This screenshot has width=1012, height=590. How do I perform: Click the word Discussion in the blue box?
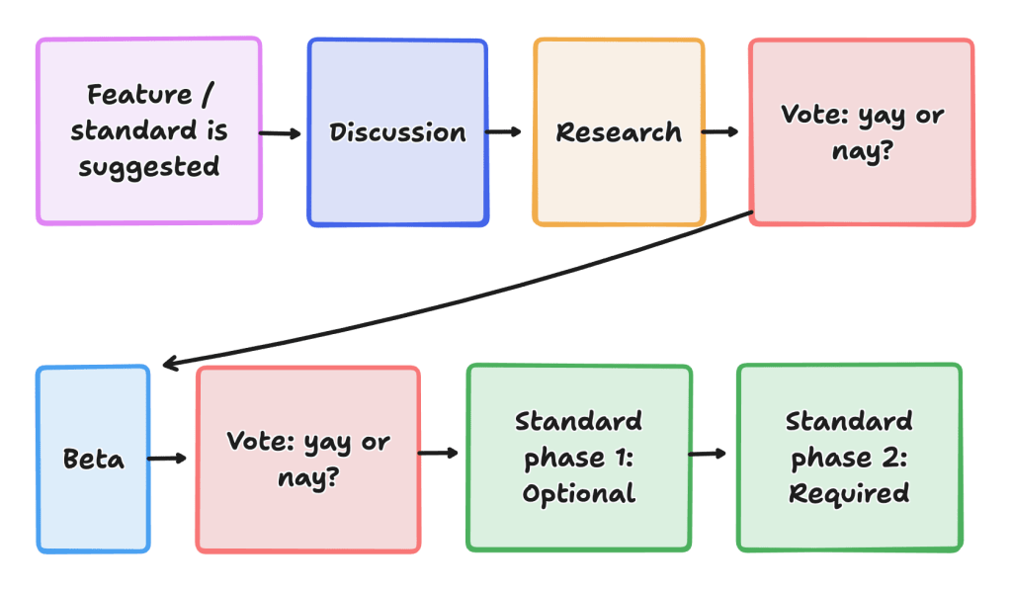(397, 132)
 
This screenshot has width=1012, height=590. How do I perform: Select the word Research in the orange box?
(619, 132)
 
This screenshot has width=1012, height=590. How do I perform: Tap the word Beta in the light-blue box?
(94, 460)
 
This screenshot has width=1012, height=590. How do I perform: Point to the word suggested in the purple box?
(148, 166)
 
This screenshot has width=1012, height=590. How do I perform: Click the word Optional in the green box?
(579, 493)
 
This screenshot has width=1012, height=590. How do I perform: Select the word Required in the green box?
(849, 493)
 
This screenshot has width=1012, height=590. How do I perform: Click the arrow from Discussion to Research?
(504, 132)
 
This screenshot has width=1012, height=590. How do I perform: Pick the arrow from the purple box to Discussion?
(282, 132)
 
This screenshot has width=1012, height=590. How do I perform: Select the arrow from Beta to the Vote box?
(168, 459)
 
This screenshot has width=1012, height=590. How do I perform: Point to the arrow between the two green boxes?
(709, 454)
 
